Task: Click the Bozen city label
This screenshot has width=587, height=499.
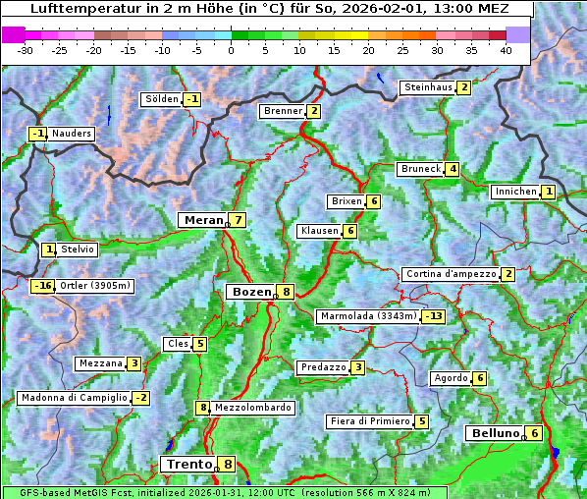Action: click(x=249, y=292)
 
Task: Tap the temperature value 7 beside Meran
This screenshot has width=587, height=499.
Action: click(x=238, y=220)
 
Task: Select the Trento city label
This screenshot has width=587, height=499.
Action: click(x=188, y=464)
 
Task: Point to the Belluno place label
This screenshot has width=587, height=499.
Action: click(x=494, y=433)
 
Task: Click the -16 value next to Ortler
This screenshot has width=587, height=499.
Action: click(x=42, y=286)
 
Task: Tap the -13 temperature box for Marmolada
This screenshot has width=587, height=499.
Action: click(x=434, y=316)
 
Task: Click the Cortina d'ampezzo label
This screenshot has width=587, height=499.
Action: click(x=450, y=274)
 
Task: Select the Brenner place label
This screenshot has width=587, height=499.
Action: click(x=283, y=111)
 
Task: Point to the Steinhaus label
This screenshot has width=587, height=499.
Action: click(x=428, y=87)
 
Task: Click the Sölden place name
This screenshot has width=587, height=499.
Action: click(x=161, y=99)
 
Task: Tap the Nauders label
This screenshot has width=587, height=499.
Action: click(x=72, y=134)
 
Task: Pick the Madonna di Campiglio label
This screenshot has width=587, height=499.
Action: click(x=74, y=398)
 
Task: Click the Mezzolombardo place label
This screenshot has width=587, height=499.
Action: click(x=252, y=408)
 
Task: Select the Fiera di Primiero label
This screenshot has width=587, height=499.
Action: click(x=369, y=421)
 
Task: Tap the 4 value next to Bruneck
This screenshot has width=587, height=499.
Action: click(x=453, y=169)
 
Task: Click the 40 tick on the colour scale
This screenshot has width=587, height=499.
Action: click(x=506, y=50)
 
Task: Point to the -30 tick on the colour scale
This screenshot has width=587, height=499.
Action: click(x=26, y=50)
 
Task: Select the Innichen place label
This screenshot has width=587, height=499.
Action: click(x=515, y=192)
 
